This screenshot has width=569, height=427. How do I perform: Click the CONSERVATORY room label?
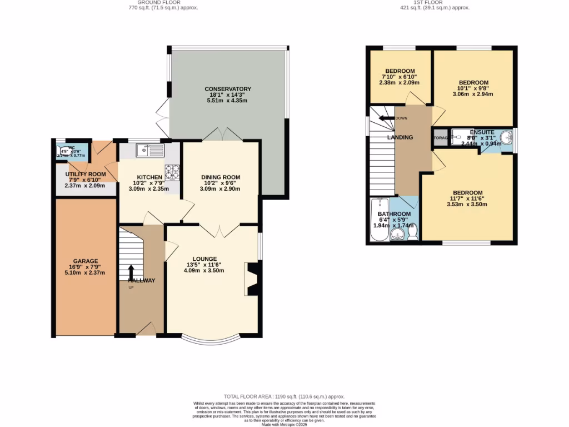tap(228, 89)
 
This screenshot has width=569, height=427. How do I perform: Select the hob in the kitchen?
tap(173, 172)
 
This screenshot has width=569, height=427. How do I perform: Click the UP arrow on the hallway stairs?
tap(132, 273)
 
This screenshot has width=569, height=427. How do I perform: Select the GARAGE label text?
tap(85, 261)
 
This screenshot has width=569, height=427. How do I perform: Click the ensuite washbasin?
tap(506, 138)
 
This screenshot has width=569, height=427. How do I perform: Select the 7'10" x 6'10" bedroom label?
tap(400, 71)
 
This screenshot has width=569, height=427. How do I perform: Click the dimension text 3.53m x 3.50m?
tap(467, 204)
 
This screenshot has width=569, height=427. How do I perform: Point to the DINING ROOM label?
tap(221, 177)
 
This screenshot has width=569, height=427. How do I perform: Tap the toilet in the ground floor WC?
tap(61, 150)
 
